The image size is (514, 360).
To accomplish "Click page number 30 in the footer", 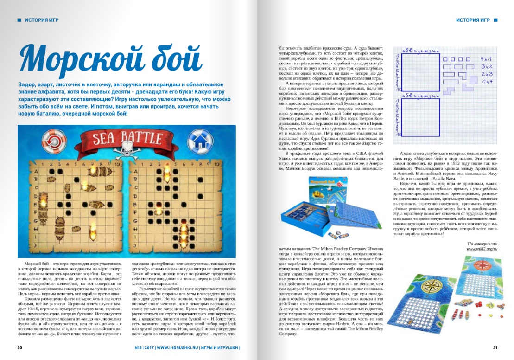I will click(x=20, y=347).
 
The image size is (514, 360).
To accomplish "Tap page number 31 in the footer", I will click(x=495, y=347).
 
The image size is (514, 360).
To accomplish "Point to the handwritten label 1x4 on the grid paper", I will click(x=487, y=81).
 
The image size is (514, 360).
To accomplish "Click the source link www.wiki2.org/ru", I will click(x=481, y=249).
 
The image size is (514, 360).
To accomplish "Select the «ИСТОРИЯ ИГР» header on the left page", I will click(x=41, y=20).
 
